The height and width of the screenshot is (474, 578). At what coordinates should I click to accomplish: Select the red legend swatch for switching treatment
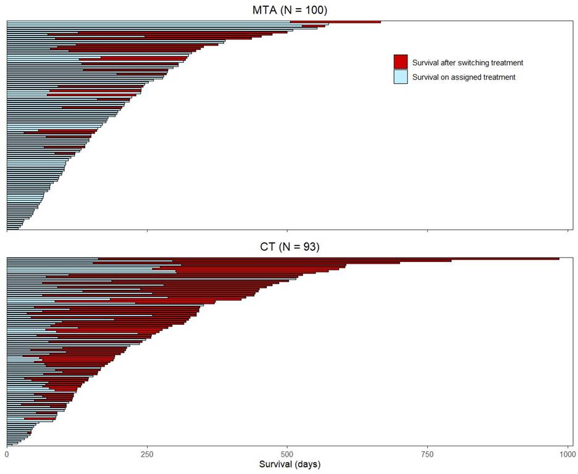(x=401, y=62)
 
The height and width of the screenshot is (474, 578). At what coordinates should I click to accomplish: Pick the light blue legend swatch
(x=401, y=76)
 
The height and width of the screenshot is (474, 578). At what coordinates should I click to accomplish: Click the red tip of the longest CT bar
(x=556, y=259)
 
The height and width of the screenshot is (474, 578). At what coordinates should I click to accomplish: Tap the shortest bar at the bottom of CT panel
(x=9, y=444)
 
